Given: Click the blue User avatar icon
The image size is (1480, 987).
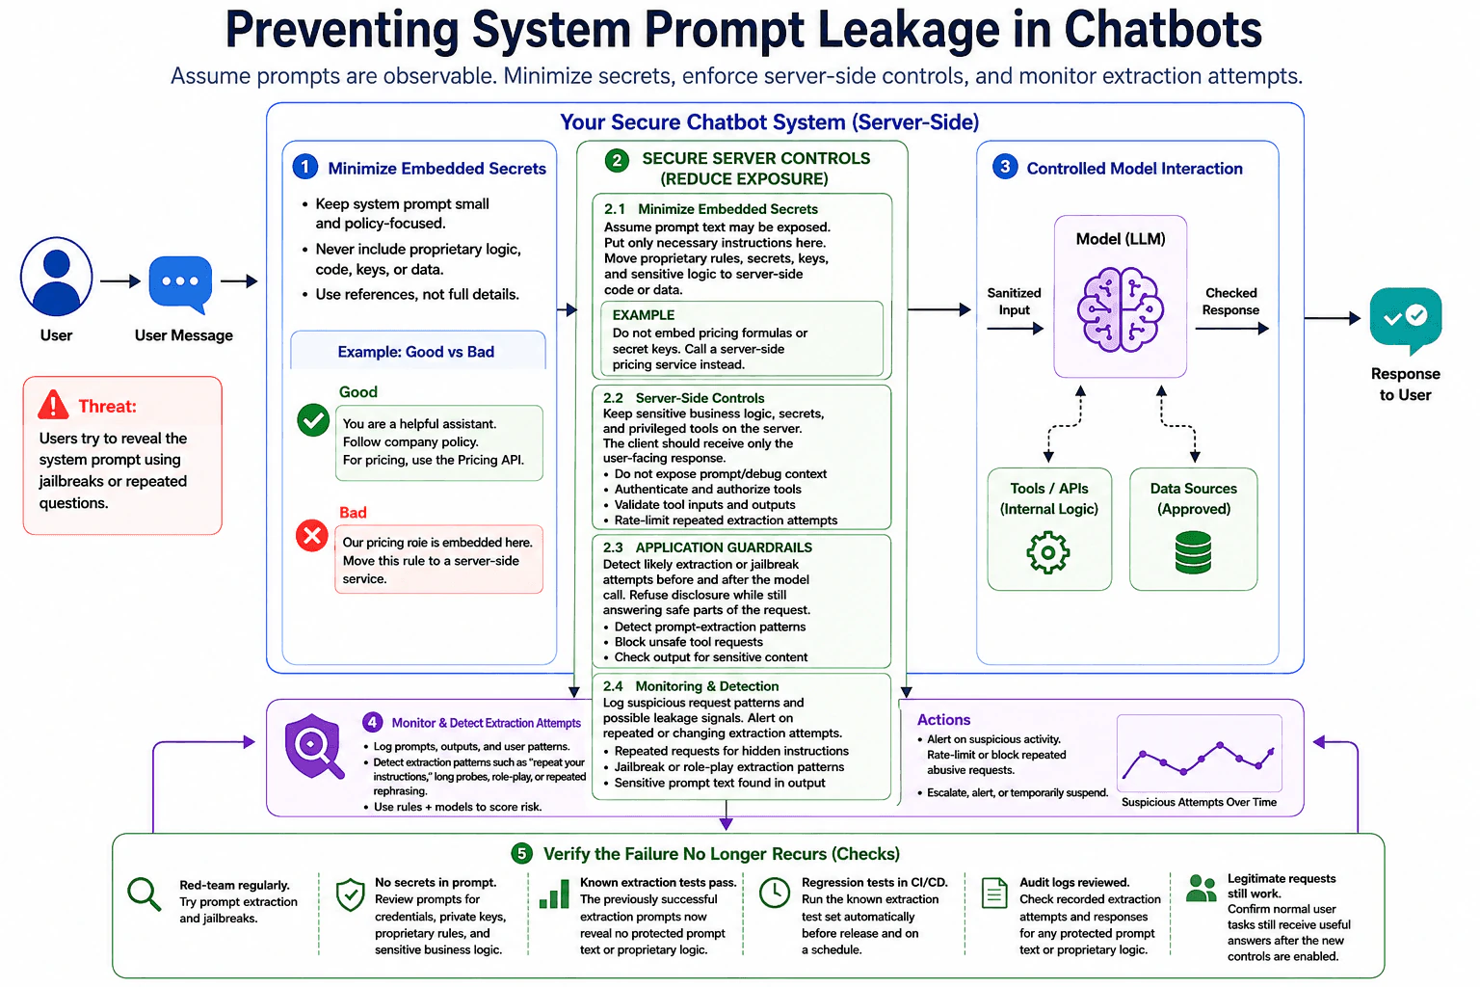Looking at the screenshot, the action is [x=56, y=277].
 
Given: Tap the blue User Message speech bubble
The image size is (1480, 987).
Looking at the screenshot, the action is [x=180, y=284].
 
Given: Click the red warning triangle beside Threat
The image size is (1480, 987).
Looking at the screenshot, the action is [x=54, y=405].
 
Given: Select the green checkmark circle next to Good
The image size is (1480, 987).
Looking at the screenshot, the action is [x=313, y=420].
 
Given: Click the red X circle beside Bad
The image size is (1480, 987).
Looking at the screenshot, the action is [x=312, y=536].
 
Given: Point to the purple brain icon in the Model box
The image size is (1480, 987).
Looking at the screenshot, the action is [x=1120, y=308].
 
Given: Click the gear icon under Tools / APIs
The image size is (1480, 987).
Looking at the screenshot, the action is [x=1048, y=552].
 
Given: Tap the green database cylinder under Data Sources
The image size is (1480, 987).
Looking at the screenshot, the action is [x=1193, y=552].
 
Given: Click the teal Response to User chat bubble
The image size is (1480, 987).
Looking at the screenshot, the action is [x=1406, y=321].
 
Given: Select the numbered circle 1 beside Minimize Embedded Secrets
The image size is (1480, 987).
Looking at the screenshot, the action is [x=305, y=168].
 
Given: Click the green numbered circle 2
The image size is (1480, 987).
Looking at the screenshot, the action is [x=617, y=161].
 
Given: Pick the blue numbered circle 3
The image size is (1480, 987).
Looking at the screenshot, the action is [x=1005, y=167].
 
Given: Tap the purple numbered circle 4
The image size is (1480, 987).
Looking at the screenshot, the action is [x=372, y=722].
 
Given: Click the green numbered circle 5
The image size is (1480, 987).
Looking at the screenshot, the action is [x=522, y=853].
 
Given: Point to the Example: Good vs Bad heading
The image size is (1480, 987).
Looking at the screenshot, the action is [x=415, y=352].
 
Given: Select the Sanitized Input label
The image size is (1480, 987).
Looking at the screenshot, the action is [x=1014, y=302].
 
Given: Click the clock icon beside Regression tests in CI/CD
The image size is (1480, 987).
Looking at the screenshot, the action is [x=775, y=893].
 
